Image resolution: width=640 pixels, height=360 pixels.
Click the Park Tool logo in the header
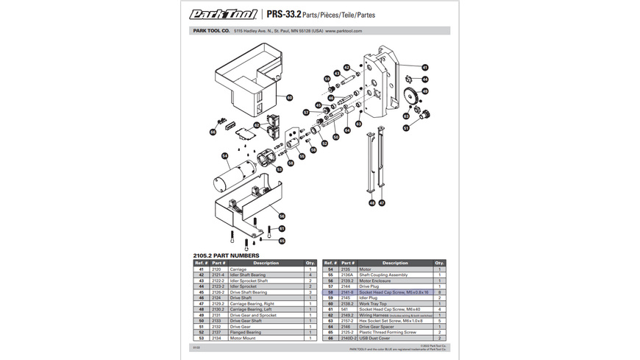pyautogui.click(x=223, y=14)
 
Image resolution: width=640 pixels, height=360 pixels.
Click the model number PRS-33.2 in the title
pyautogui.click(x=283, y=14)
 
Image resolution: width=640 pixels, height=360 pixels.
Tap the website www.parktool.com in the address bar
pyautogui.click(x=344, y=31)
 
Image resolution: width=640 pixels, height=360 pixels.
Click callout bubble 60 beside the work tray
pyautogui.click(x=289, y=98)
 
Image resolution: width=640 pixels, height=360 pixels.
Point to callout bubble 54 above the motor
pyautogui.click(x=225, y=156)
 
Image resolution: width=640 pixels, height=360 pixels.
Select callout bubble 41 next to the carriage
pyautogui.click(x=424, y=68)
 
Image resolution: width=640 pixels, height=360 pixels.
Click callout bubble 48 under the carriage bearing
pyautogui.click(x=371, y=203)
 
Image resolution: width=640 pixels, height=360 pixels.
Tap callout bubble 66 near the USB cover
pyautogui.click(x=213, y=133)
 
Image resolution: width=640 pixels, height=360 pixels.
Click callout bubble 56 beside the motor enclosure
pyautogui.click(x=282, y=216)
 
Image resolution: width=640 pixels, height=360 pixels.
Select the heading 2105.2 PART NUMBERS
pyautogui.click(x=226, y=255)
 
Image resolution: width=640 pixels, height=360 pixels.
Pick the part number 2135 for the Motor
pyautogui.click(x=346, y=269)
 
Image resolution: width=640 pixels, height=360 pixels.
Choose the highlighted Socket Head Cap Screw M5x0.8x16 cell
pyautogui.click(x=394, y=292)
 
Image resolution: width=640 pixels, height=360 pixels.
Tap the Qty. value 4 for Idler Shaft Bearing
pyautogui.click(x=310, y=275)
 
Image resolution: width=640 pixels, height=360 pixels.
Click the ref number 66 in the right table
pyautogui.click(x=330, y=338)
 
